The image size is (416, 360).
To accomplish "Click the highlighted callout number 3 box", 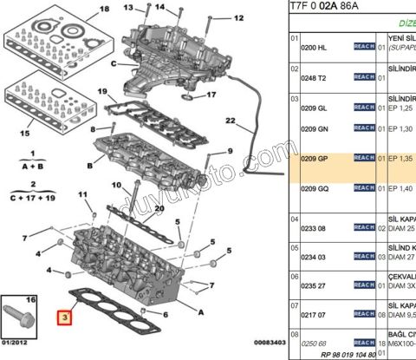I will [x=63, y=317].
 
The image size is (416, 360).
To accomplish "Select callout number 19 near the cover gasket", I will [x=101, y=92].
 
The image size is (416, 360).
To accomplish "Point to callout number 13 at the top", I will [x=128, y=9].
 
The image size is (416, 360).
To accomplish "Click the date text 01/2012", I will [x=18, y=349].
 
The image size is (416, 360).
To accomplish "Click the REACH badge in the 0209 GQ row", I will [x=364, y=188].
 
